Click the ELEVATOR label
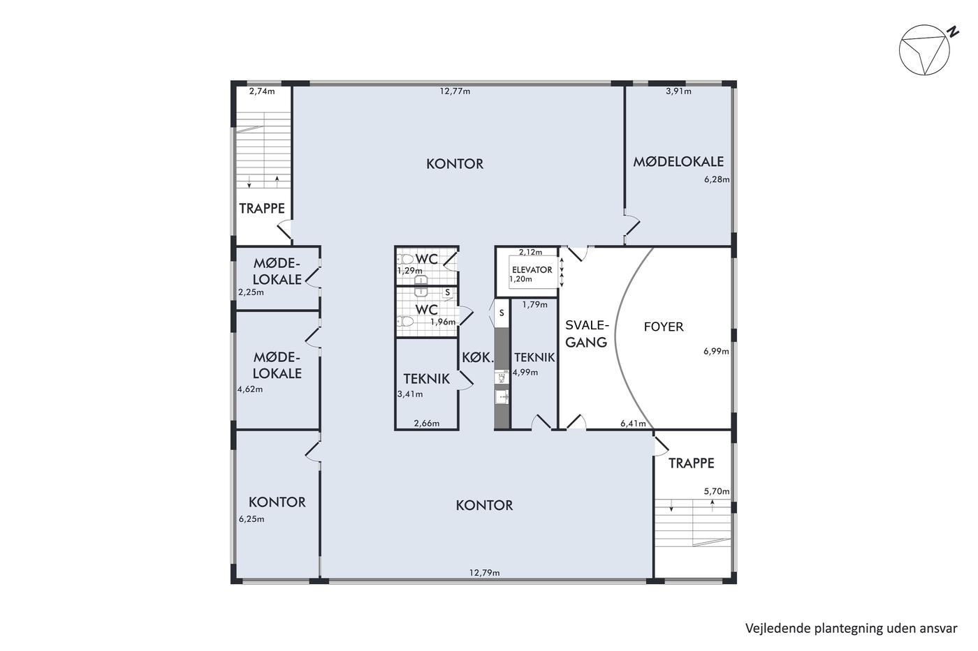(x=532, y=270)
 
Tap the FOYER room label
(x=664, y=327)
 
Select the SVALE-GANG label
(x=587, y=334)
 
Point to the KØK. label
(x=478, y=358)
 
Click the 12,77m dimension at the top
(x=455, y=91)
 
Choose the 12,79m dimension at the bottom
(x=485, y=573)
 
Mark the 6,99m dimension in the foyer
(x=716, y=351)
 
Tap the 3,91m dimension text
(x=678, y=91)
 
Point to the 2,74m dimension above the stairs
(x=262, y=91)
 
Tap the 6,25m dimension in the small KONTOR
(x=251, y=519)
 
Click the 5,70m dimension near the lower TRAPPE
(x=717, y=491)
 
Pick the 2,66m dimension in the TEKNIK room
(x=427, y=423)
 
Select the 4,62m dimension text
(x=250, y=389)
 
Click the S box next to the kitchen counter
(x=502, y=313)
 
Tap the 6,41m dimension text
(x=633, y=423)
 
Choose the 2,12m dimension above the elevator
(x=530, y=252)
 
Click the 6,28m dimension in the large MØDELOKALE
(x=717, y=179)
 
